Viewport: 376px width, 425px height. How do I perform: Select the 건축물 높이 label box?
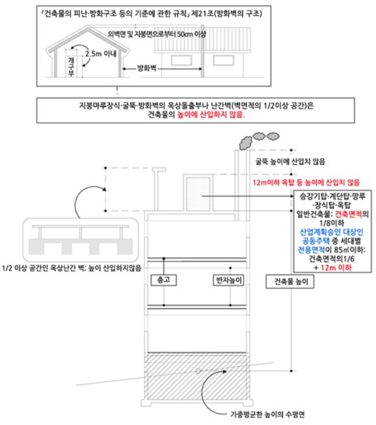click(x=291, y=283)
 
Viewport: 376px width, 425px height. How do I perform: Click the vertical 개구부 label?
click(x=71, y=64)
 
